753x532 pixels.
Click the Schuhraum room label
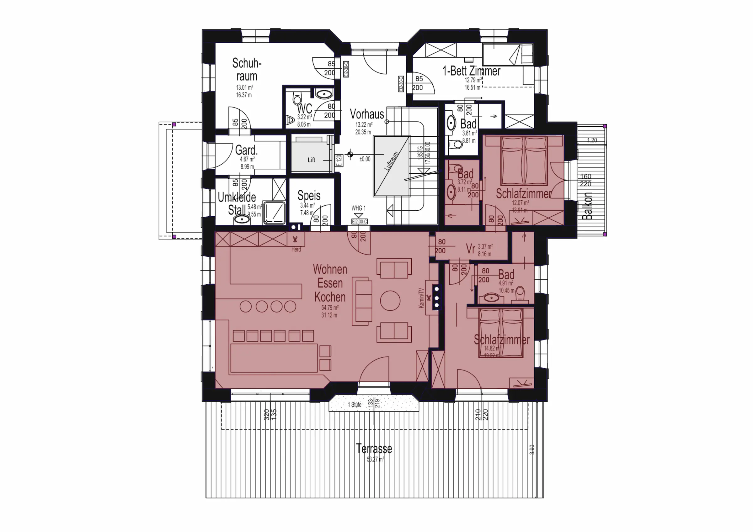(x=247, y=70)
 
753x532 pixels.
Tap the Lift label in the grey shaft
(x=311, y=160)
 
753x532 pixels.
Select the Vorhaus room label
(x=367, y=114)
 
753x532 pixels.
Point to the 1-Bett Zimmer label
(x=471, y=71)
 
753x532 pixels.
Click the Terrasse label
(x=374, y=449)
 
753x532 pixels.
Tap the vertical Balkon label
(x=587, y=206)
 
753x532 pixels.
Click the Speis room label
(x=309, y=196)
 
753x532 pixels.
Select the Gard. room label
(x=246, y=150)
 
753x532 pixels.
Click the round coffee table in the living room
(x=390, y=300)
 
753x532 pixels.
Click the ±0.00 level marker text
(x=365, y=159)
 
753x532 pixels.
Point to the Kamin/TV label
(x=421, y=298)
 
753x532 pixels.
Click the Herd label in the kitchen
(x=296, y=250)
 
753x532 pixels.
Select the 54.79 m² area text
(x=330, y=308)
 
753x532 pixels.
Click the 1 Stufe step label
(x=355, y=404)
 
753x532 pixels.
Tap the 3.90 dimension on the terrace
(x=532, y=450)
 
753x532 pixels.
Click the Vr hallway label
(x=470, y=249)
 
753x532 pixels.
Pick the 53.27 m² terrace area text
(x=375, y=460)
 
